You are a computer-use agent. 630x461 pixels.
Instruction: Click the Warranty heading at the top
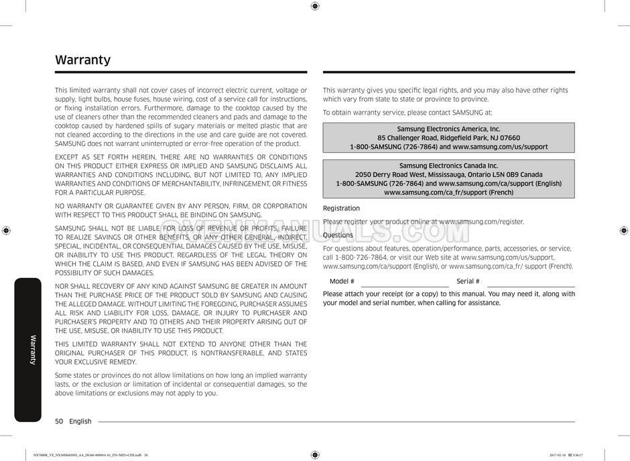point(82,60)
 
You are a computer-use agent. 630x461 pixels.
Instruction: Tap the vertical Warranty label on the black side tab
point(31,348)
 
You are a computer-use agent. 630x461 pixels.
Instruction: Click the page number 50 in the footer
point(59,421)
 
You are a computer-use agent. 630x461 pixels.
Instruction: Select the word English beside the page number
point(80,421)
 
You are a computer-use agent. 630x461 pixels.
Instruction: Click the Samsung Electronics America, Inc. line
point(448,129)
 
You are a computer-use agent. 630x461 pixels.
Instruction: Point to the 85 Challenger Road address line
point(448,138)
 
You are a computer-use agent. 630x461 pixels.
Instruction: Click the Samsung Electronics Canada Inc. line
point(448,165)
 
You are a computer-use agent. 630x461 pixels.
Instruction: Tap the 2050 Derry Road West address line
point(448,174)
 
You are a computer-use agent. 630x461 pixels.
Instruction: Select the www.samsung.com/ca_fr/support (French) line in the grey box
point(448,192)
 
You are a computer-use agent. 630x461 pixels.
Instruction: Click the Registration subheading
point(341,208)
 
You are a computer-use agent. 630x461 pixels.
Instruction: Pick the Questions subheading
point(338,235)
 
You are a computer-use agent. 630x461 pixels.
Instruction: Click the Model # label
point(342,281)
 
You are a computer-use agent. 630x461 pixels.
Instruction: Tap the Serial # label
point(468,281)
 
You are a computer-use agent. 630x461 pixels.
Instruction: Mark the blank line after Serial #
point(531,285)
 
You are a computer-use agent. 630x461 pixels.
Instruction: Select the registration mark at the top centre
point(315,6)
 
